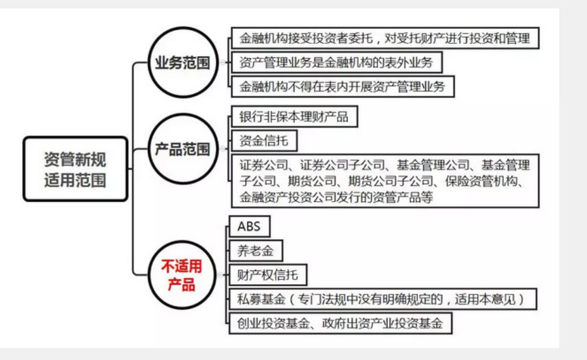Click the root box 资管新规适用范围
coord(75,169)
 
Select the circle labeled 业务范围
coord(182,63)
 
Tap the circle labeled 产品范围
coord(182,149)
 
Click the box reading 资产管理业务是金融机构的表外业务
coord(335,61)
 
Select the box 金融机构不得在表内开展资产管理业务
coord(342,85)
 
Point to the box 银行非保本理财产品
coord(293,116)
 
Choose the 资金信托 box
coord(264,141)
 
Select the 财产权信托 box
coord(269,275)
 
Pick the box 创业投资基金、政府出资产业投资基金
coord(341,323)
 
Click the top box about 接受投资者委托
coord(384,39)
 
